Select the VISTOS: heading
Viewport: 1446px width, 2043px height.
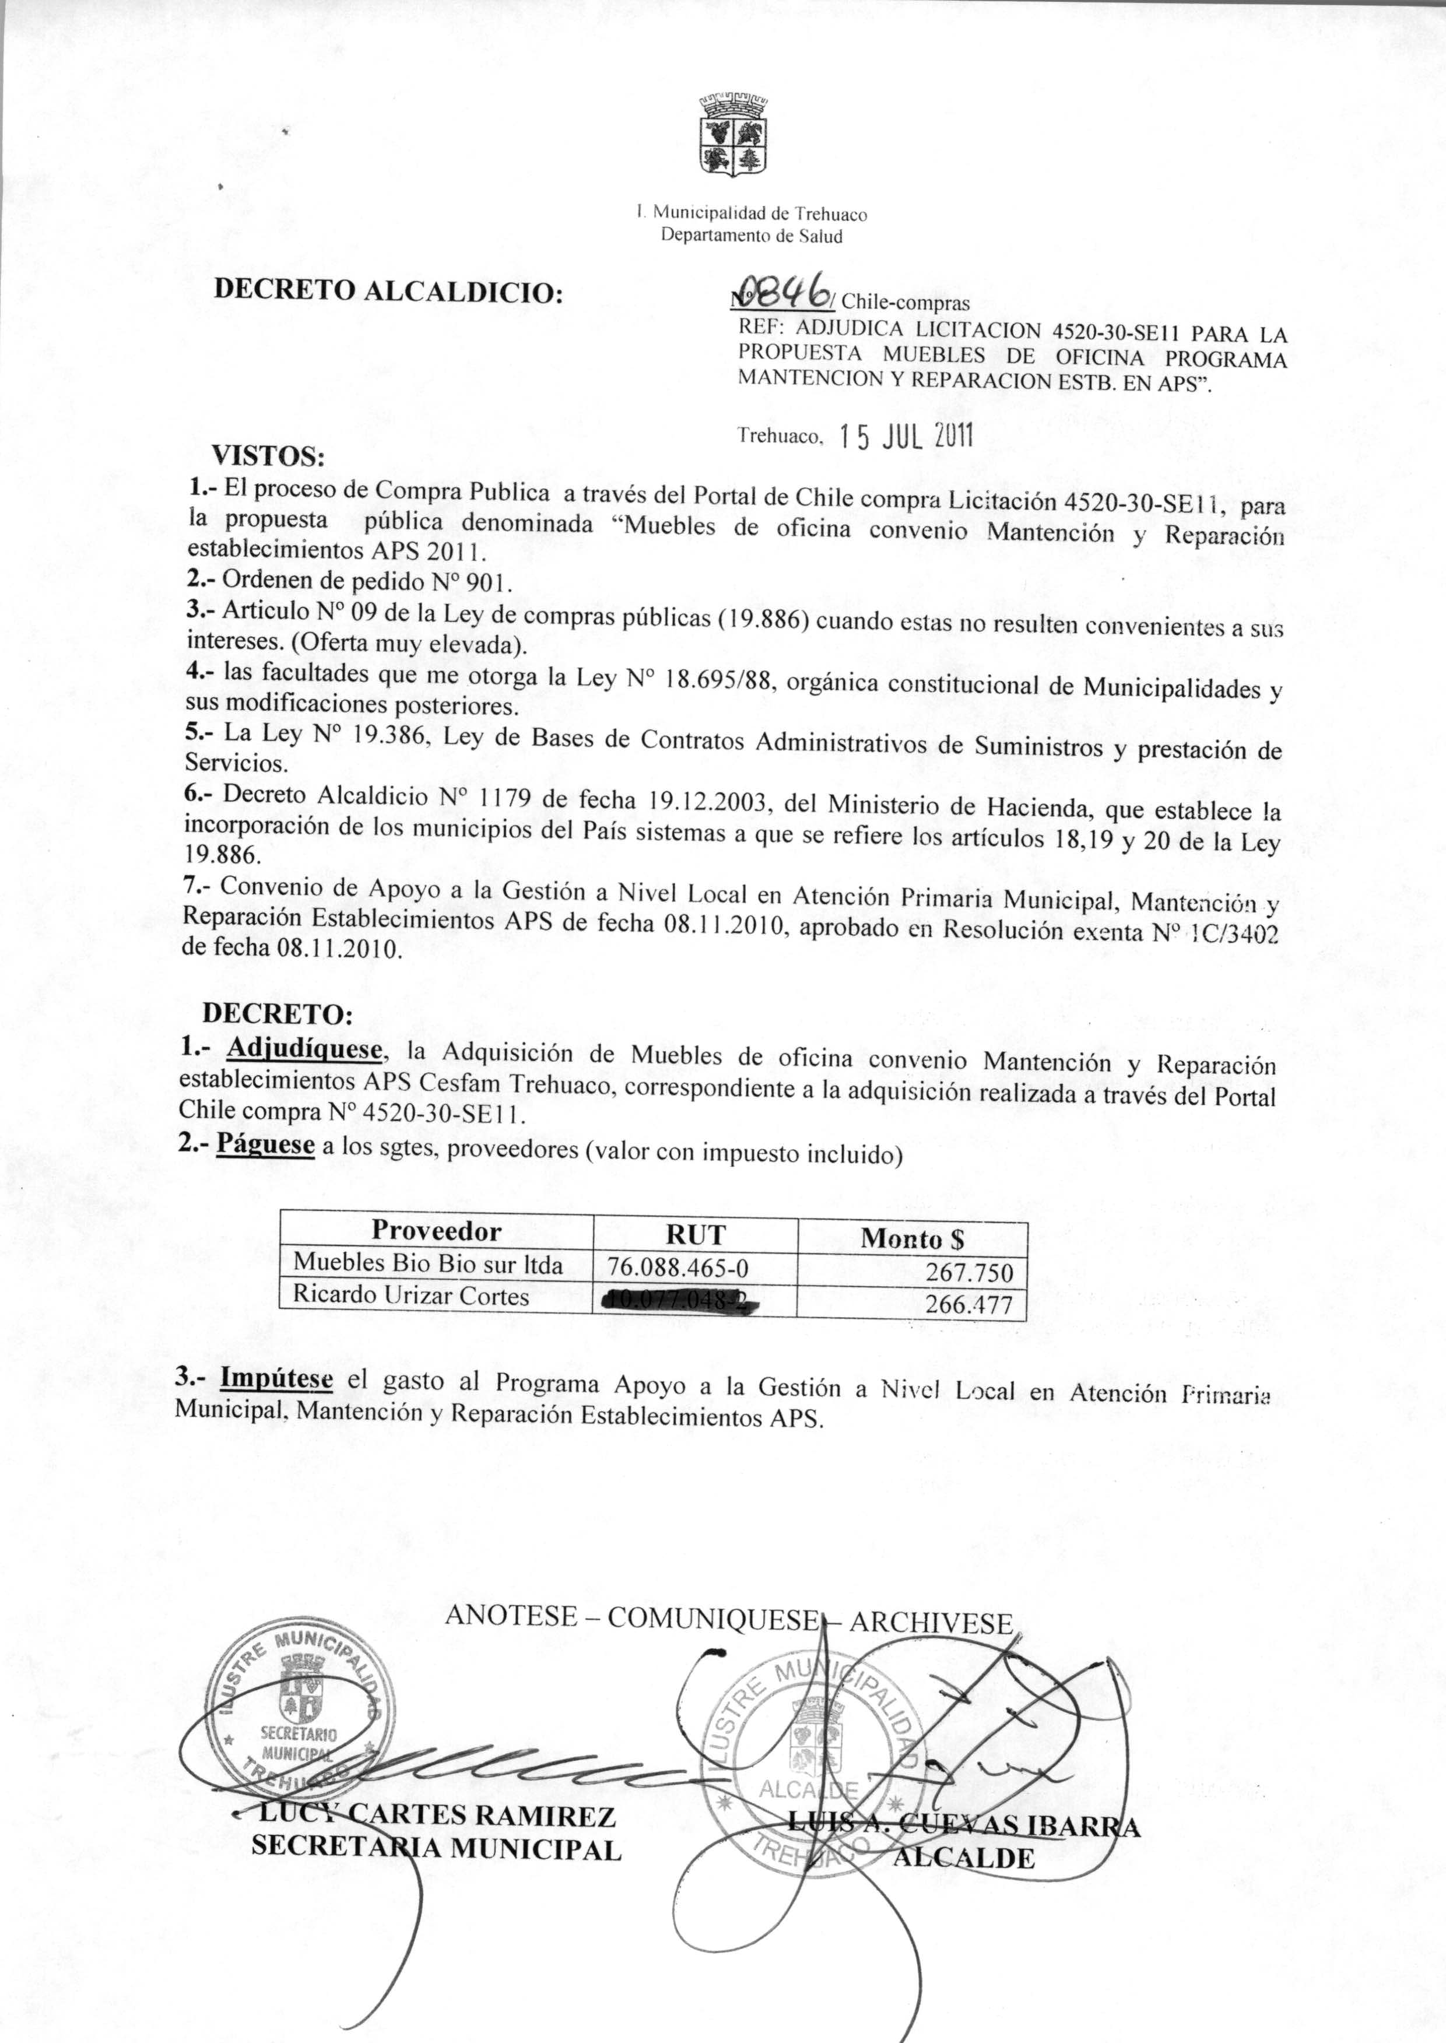267,457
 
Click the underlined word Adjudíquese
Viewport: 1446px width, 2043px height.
304,1049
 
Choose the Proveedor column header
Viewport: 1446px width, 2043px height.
436,1231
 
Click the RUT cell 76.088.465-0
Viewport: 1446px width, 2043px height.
679,1266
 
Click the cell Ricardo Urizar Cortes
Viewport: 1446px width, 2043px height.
412,1295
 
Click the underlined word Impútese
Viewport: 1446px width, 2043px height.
277,1379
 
